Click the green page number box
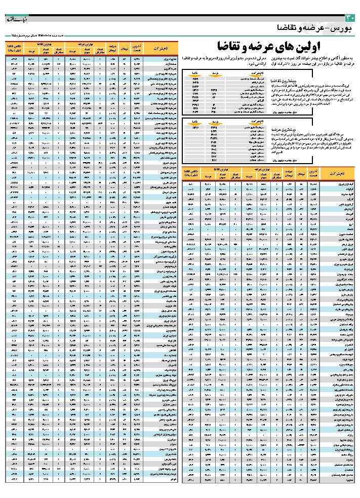352,18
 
